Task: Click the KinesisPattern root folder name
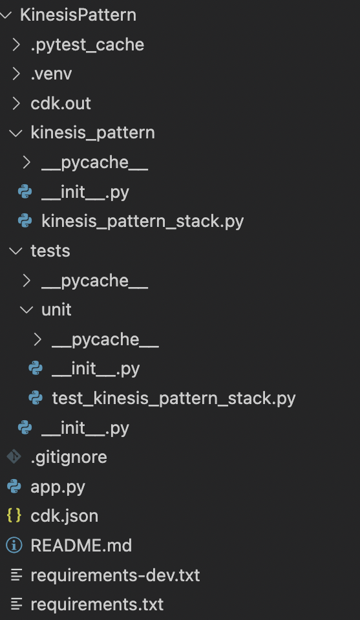point(78,15)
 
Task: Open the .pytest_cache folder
point(87,45)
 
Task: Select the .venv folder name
point(51,74)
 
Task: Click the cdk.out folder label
point(61,103)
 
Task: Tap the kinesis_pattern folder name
point(93,133)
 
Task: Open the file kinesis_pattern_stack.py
point(143,221)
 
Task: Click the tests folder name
point(50,251)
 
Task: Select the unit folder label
point(56,310)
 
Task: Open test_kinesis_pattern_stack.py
point(174,398)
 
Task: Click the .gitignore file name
point(69,458)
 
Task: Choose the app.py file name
point(58,487)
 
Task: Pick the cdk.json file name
point(65,517)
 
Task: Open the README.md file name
point(81,546)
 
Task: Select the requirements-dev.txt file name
point(116,575)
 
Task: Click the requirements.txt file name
point(97,604)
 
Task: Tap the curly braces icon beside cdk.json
point(14,516)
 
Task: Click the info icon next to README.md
point(14,546)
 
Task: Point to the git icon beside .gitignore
point(14,456)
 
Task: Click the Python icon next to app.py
point(14,487)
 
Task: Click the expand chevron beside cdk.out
point(16,103)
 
